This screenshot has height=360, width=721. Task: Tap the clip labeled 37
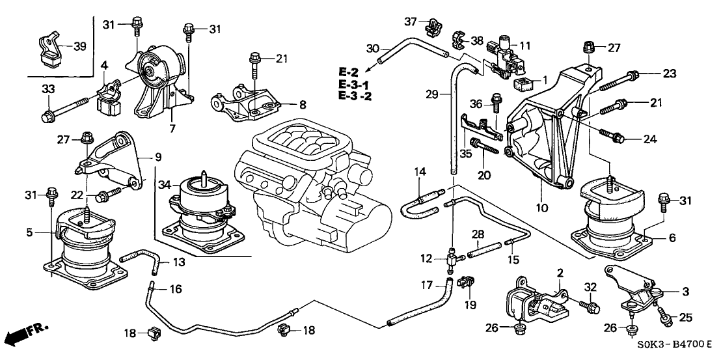click(x=430, y=26)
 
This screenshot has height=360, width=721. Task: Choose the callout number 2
click(x=560, y=273)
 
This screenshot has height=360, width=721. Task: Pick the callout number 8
click(x=302, y=104)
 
